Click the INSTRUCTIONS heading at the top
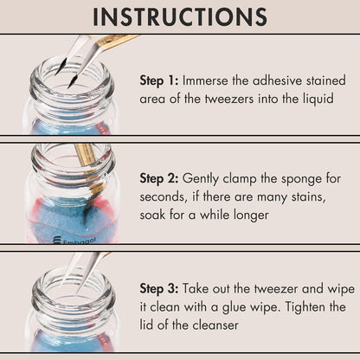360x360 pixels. pos(180,16)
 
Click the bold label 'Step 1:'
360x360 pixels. pos(159,80)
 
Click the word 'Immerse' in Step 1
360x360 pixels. pos(209,80)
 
